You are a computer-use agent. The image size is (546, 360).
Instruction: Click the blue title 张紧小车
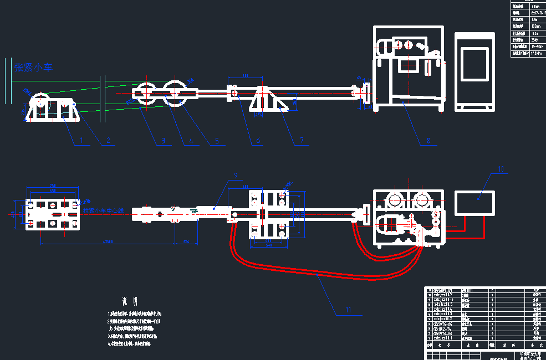coord(33,68)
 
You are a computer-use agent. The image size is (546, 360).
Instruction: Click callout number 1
coord(81,141)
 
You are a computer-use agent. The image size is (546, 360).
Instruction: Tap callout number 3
coord(163,141)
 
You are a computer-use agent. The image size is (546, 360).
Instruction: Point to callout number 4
coord(191,141)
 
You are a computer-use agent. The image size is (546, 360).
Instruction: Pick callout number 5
coord(217,141)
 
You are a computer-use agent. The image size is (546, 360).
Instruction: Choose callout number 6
coord(258,141)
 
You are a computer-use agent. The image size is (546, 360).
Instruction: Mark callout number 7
coord(302,141)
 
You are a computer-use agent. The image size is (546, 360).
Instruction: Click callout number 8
coord(428,141)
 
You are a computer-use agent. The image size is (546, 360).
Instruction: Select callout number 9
coord(236,175)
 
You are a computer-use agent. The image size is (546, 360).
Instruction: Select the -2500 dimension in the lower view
coord(109,241)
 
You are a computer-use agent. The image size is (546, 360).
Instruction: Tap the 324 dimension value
coord(186,241)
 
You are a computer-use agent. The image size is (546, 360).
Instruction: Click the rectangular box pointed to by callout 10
coord(476,203)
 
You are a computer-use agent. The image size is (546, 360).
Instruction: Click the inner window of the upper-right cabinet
coord(474,64)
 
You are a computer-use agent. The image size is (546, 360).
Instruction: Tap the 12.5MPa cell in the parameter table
coord(536,54)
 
